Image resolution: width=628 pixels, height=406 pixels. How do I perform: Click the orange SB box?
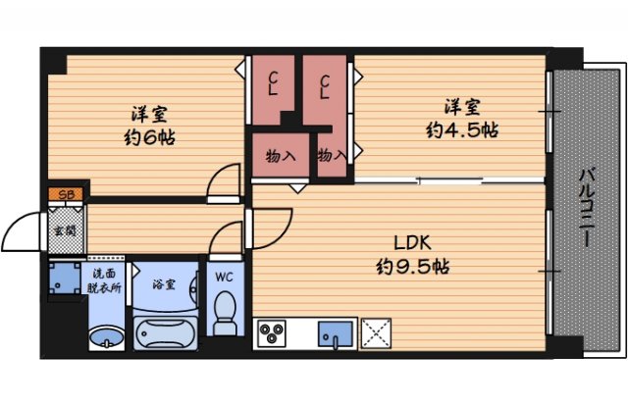(67, 195)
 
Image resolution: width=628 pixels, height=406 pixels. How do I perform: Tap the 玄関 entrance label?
(66, 230)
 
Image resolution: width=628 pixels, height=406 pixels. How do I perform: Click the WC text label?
(225, 277)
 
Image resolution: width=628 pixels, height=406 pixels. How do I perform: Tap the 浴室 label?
(163, 283)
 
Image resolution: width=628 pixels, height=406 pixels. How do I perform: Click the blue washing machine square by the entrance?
(67, 277)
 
